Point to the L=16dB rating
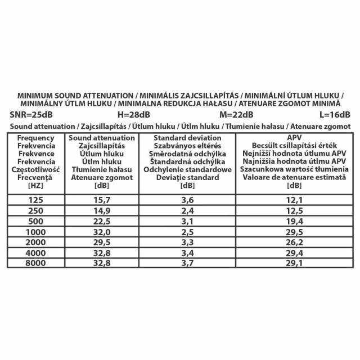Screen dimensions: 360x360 [337, 115]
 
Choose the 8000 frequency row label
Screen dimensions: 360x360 [35, 262]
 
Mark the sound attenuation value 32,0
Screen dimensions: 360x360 [102, 232]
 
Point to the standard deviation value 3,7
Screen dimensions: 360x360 [186, 262]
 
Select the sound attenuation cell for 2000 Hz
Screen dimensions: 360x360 [102, 242]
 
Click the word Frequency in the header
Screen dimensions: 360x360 [35, 138]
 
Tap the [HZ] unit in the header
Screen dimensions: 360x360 [35, 186]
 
